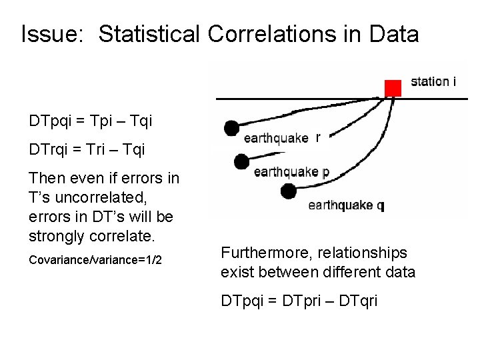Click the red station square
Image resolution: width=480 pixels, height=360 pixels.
tap(393, 88)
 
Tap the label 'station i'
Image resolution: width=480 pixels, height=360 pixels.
tap(433, 82)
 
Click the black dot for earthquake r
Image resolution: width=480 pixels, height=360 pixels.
tap(231, 127)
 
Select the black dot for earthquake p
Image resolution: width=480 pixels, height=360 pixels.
tap(241, 161)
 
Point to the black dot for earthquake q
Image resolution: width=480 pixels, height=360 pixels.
tap(288, 192)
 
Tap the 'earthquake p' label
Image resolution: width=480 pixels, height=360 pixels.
tap(291, 172)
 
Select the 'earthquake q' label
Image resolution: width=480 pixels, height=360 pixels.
tap(346, 205)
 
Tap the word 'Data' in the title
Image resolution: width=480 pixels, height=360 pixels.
tap(394, 34)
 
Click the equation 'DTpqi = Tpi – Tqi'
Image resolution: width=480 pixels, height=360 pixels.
tap(91, 121)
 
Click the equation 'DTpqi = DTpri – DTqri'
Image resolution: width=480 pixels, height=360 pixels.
tap(299, 301)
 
